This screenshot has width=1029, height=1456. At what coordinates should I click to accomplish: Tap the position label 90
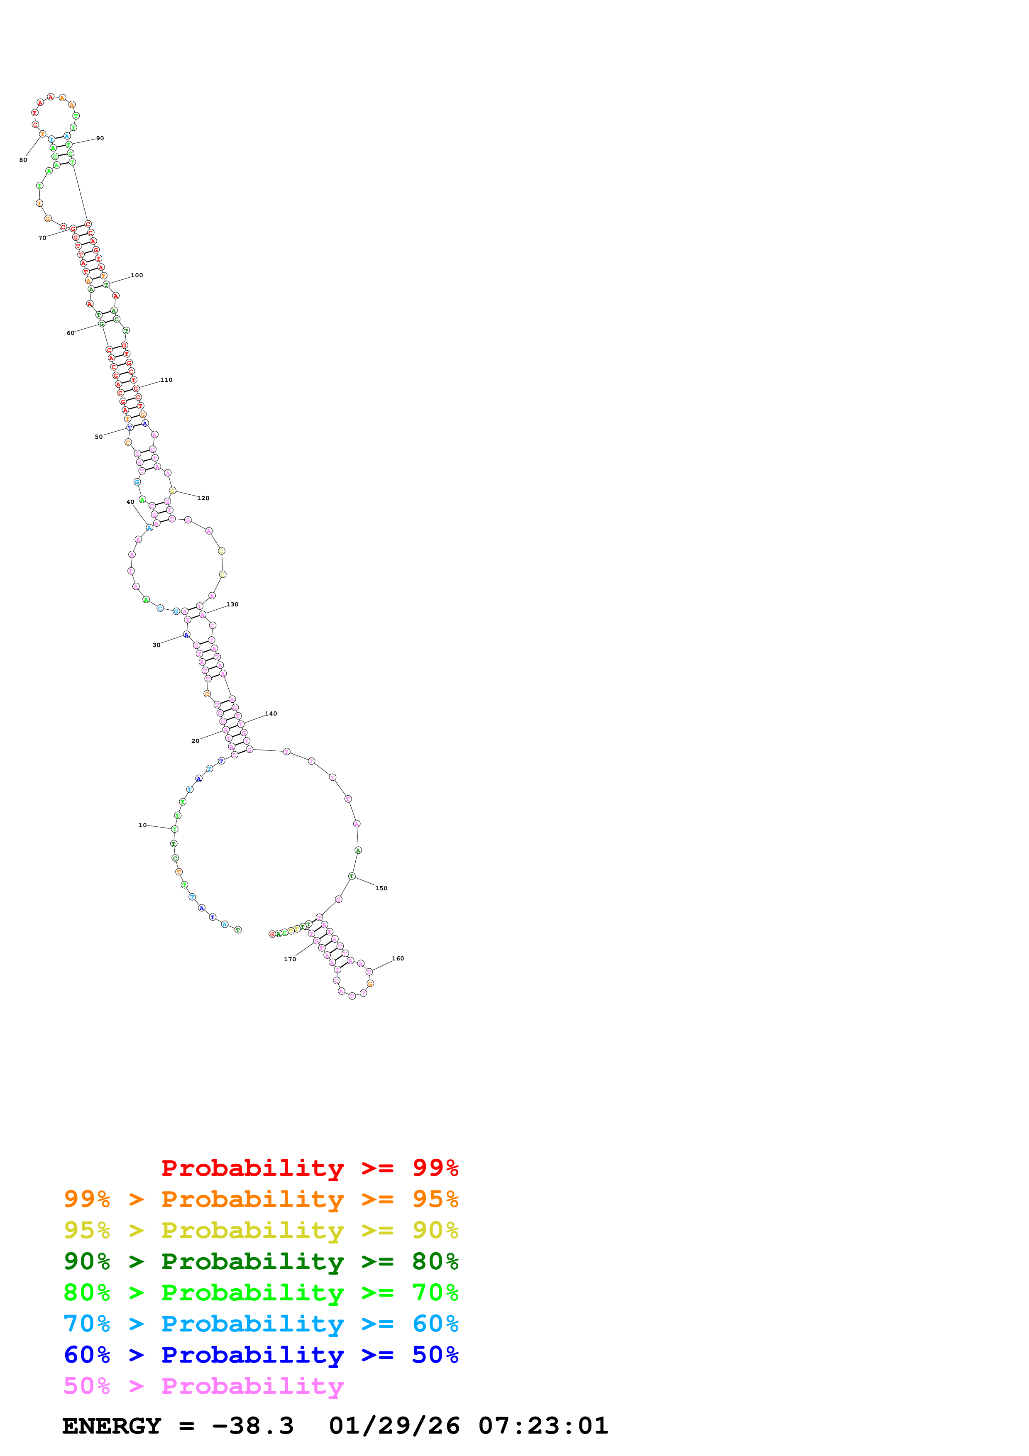pyautogui.click(x=100, y=138)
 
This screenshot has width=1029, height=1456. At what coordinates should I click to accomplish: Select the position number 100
pyautogui.click(x=137, y=275)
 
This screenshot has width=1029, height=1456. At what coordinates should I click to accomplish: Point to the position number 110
pyautogui.click(x=166, y=380)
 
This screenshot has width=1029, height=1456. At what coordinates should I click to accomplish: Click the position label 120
pyautogui.click(x=203, y=498)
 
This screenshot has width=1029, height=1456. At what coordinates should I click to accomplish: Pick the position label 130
pyautogui.click(x=233, y=604)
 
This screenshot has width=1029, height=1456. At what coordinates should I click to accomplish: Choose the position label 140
pyautogui.click(x=271, y=713)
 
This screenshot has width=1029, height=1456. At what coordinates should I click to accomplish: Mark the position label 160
pyautogui.click(x=398, y=958)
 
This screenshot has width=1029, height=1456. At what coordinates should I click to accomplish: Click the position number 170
pyautogui.click(x=290, y=959)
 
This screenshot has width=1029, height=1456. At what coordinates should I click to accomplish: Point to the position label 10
pyautogui.click(x=143, y=825)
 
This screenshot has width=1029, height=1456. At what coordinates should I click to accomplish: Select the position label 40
pyautogui.click(x=130, y=502)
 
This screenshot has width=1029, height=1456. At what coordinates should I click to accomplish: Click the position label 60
pyautogui.click(x=71, y=333)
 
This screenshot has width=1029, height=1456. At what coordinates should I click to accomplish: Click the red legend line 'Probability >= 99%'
pyautogui.click(x=309, y=1168)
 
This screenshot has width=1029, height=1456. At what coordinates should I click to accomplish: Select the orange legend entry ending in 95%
pyautogui.click(x=261, y=1199)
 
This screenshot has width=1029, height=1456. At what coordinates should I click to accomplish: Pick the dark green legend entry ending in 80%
pyautogui.click(x=261, y=1261)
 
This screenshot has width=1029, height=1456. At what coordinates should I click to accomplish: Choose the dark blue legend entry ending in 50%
pyautogui.click(x=261, y=1355)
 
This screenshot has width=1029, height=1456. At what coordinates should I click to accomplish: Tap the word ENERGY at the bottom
pyautogui.click(x=112, y=1426)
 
